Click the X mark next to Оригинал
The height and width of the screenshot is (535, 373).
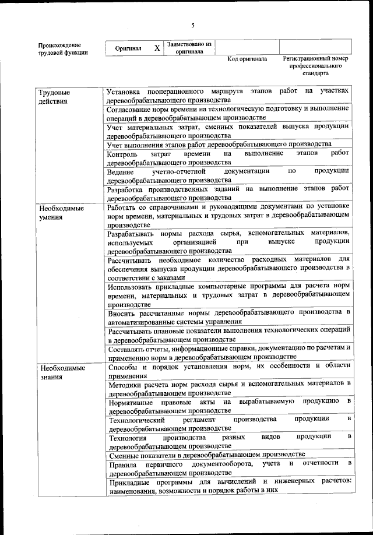157,48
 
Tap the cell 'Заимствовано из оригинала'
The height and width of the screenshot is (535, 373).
189,47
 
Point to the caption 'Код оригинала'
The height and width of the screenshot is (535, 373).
247,59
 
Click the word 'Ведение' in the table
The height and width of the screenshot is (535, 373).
121,171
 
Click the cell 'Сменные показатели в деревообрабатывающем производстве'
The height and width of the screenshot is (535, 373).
207,455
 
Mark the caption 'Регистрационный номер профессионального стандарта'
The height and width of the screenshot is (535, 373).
315,66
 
